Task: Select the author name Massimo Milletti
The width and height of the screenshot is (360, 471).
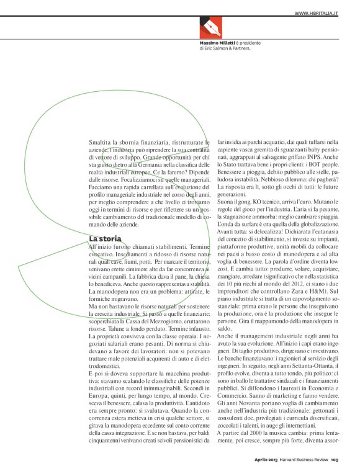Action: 217,42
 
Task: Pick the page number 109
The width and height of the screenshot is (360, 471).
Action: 334,460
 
